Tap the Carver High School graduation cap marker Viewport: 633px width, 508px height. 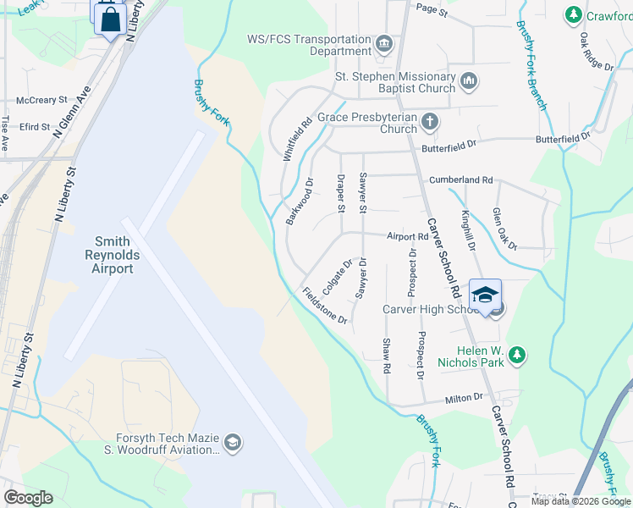pos(486,295)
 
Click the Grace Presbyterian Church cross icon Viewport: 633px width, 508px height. pos(430,122)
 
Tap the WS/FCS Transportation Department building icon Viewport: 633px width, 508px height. pos(383,43)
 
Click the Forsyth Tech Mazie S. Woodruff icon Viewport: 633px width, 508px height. pos(232,443)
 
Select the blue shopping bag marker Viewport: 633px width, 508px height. pos(111,19)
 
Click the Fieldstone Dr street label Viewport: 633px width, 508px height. pos(325,306)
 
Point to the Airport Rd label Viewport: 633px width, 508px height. pos(408,237)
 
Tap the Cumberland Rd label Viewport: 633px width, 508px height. pos(460,180)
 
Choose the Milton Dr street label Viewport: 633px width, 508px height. pos(465,396)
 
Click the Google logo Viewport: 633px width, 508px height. pos(28,498)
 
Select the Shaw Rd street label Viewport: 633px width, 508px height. pos(387,356)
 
